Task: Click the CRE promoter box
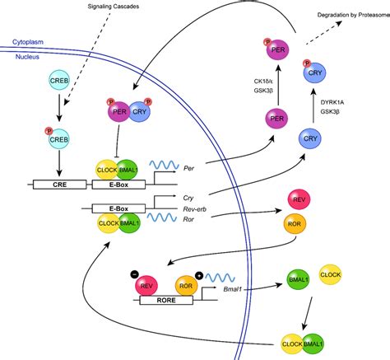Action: click(59, 185)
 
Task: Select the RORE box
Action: click(166, 300)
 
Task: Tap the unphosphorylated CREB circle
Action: click(59, 80)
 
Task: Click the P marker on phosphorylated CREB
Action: click(49, 131)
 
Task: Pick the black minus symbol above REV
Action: click(135, 274)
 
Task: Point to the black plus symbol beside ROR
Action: click(199, 275)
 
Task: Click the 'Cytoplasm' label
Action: click(28, 42)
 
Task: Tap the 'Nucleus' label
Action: click(27, 57)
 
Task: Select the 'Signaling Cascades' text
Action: click(114, 7)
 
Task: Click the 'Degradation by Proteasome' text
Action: click(354, 15)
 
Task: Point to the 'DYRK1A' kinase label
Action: click(332, 102)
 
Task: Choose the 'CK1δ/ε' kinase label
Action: click(263, 81)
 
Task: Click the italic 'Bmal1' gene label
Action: click(233, 289)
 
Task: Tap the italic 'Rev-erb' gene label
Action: click(194, 209)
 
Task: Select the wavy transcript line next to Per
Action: click(164, 165)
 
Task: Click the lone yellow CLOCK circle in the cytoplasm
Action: click(330, 274)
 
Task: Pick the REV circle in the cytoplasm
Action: click(299, 199)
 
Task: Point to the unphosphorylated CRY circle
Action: click(310, 138)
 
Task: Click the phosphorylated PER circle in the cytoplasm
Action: click(278, 49)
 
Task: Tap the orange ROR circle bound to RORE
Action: click(186, 286)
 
